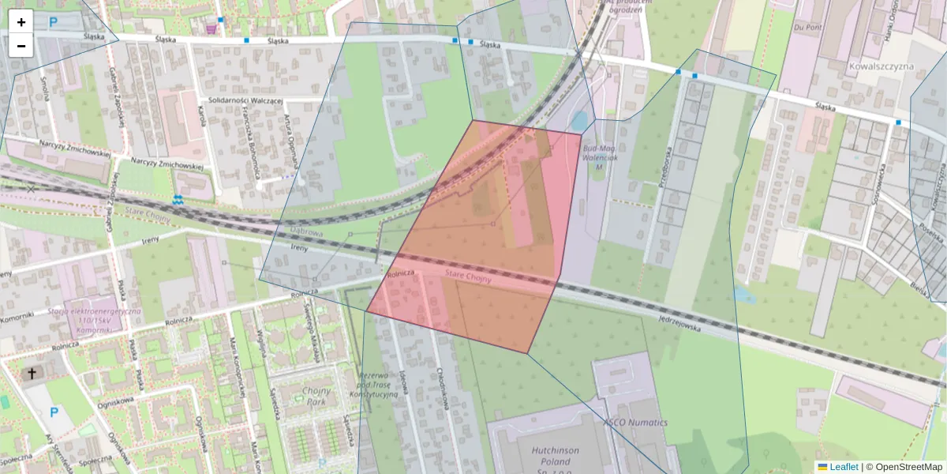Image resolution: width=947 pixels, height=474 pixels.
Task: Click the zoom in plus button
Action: tap(21, 22)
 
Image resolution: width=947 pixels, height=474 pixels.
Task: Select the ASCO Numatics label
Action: tap(635, 423)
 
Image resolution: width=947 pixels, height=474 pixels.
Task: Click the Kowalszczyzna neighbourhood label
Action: tap(881, 66)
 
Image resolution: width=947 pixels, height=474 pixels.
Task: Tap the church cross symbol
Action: tap(32, 374)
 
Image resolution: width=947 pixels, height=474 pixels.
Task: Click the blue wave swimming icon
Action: tap(178, 201)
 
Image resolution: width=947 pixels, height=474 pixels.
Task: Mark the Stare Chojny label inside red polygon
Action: tap(468, 277)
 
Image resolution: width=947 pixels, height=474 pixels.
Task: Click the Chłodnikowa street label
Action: tap(442, 387)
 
